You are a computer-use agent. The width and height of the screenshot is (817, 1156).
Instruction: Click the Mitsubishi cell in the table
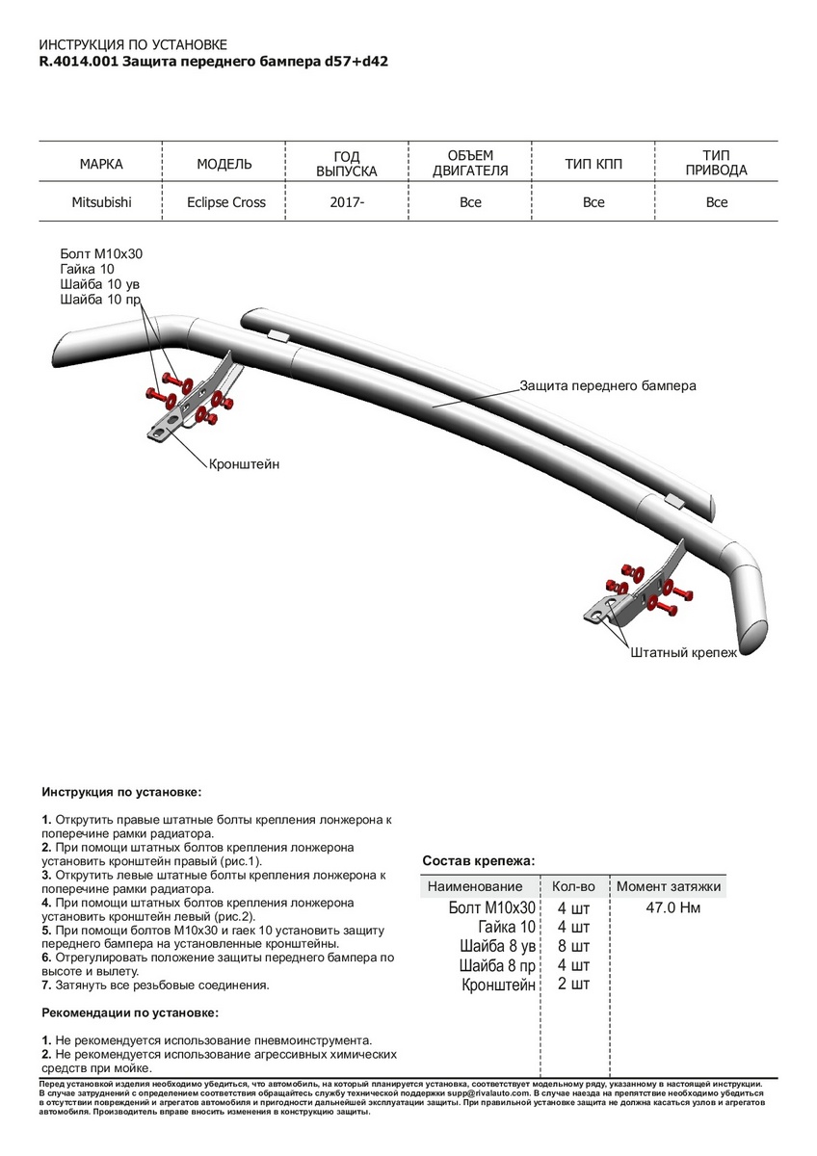point(101,202)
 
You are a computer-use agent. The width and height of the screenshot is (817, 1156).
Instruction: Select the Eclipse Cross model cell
point(226,202)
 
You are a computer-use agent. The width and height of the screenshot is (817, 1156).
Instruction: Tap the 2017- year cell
point(348,202)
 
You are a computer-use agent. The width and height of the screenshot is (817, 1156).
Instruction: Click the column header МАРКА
point(101,165)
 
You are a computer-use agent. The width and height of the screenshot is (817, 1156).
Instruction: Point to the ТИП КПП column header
point(593,165)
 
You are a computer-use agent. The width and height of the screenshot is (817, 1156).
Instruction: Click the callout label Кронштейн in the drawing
point(244,463)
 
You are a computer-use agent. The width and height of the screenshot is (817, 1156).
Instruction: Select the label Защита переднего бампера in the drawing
point(607,385)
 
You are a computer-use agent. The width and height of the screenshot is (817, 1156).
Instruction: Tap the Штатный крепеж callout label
point(683,652)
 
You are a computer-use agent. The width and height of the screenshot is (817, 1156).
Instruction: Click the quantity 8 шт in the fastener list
point(573,946)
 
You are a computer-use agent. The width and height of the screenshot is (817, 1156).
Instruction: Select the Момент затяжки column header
point(669,886)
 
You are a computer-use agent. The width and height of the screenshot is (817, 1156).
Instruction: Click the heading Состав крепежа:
point(478,860)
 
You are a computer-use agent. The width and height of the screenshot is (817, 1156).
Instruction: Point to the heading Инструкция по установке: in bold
point(122,791)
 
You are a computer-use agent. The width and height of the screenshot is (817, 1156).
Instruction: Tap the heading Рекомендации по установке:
point(130,1012)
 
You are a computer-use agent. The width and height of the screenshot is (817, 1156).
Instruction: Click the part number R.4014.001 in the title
point(78,60)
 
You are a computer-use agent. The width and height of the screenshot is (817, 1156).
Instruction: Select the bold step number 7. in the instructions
point(46,985)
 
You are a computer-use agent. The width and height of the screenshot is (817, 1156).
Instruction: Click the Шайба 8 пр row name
point(496,965)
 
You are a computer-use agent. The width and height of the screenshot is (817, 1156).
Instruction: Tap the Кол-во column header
point(573,886)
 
